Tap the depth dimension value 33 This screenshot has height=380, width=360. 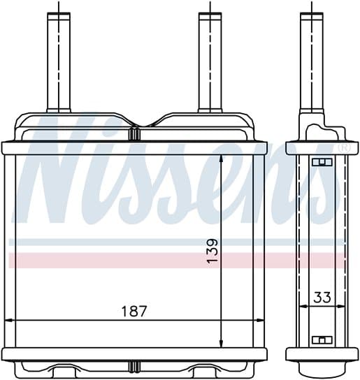coord(322,297)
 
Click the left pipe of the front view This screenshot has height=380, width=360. coord(59,63)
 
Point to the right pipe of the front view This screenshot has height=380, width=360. coord(210,63)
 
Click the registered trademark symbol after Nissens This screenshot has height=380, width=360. coord(343,148)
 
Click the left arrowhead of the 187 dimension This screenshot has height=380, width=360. coord(8,321)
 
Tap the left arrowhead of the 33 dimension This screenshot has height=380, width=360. coord(301,306)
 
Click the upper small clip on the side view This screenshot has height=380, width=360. coord(322,162)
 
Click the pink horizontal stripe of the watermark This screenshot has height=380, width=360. coord(175,261)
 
